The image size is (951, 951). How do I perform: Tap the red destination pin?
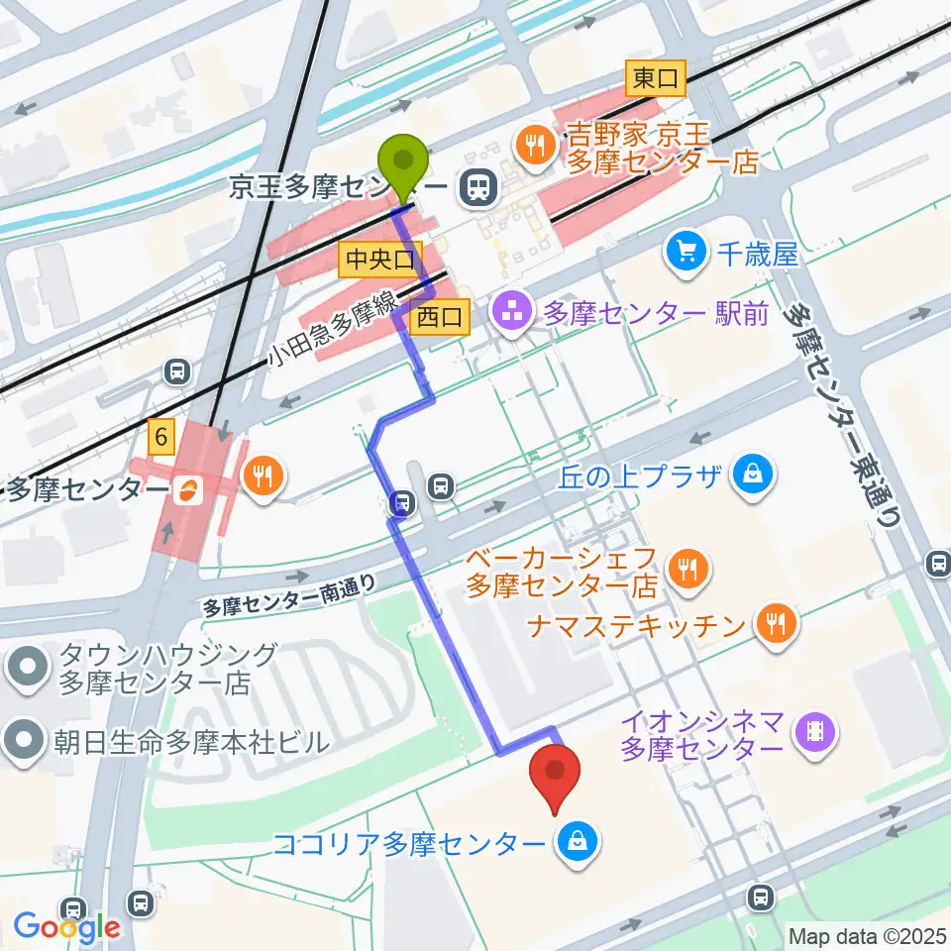pyautogui.click(x=556, y=771)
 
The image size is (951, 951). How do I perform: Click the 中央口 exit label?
pyautogui.click(x=378, y=261)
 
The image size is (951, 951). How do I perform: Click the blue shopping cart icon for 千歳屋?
pyautogui.click(x=687, y=252)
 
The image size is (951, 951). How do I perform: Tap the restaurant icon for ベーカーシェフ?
pyautogui.click(x=687, y=568)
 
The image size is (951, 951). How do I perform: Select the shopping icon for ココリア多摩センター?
pyautogui.click(x=573, y=844)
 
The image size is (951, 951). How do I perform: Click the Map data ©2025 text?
pyautogui.click(x=868, y=934)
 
